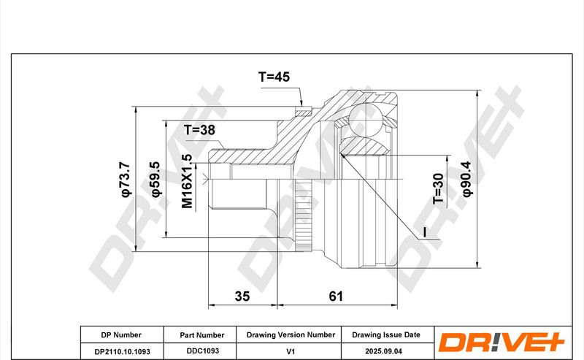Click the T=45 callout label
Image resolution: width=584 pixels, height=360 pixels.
tap(274, 77)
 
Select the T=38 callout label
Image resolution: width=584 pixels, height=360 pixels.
tap(199, 130)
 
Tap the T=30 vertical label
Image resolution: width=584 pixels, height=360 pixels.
tap(439, 188)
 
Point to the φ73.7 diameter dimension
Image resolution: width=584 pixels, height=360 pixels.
tap(126, 179)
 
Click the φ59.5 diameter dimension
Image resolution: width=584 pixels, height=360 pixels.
tap(155, 179)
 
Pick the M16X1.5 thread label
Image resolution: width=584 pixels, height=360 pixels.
tap(187, 181)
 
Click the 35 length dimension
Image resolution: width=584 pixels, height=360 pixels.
tap(242, 296)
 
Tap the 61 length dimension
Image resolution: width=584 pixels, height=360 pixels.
tap(336, 296)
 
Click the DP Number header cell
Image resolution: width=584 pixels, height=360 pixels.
tap(121, 335)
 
